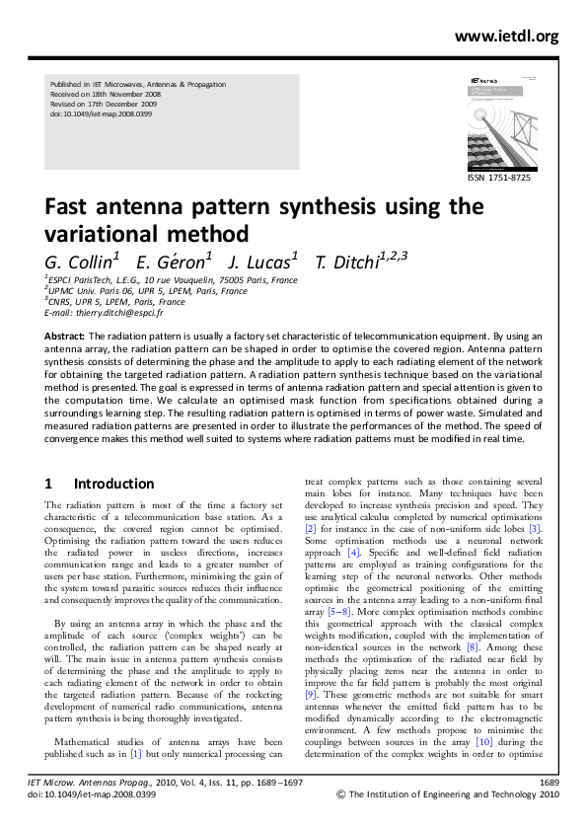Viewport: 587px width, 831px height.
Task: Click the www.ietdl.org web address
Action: pos(506,37)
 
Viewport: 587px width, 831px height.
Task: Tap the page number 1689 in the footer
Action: pos(550,809)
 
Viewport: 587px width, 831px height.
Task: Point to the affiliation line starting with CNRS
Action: pos(113,302)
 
